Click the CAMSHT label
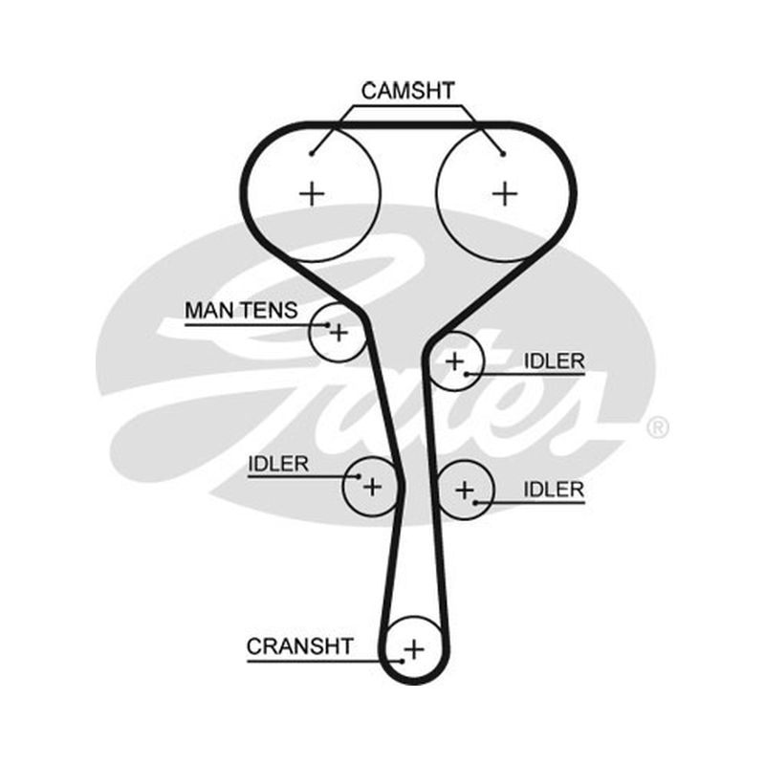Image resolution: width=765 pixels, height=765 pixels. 408,91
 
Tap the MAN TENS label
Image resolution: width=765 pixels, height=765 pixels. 241,310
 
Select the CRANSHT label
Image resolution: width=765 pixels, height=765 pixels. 299,646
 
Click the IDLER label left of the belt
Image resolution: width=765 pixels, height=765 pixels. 278,464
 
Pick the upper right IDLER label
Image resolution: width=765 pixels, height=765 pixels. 554,361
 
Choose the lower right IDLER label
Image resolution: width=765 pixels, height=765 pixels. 554,490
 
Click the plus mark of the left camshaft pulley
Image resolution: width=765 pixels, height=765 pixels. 312,194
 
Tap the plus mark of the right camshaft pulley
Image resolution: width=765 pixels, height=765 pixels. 505,194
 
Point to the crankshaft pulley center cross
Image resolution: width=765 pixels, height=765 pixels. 414,649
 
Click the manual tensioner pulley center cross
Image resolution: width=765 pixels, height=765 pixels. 339,333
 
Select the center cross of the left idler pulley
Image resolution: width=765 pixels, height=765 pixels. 372,487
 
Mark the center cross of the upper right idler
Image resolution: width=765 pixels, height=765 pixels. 455,361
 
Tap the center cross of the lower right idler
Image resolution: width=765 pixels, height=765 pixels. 465,490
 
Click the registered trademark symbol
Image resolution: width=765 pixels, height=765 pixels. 657,427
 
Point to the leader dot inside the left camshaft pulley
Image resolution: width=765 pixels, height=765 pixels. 312,154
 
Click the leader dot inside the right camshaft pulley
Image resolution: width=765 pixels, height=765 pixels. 503,154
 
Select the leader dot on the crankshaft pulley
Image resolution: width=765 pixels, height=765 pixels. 402,661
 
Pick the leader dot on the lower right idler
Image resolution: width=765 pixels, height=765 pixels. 475,502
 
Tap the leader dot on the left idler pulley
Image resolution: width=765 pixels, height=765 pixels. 360,476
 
